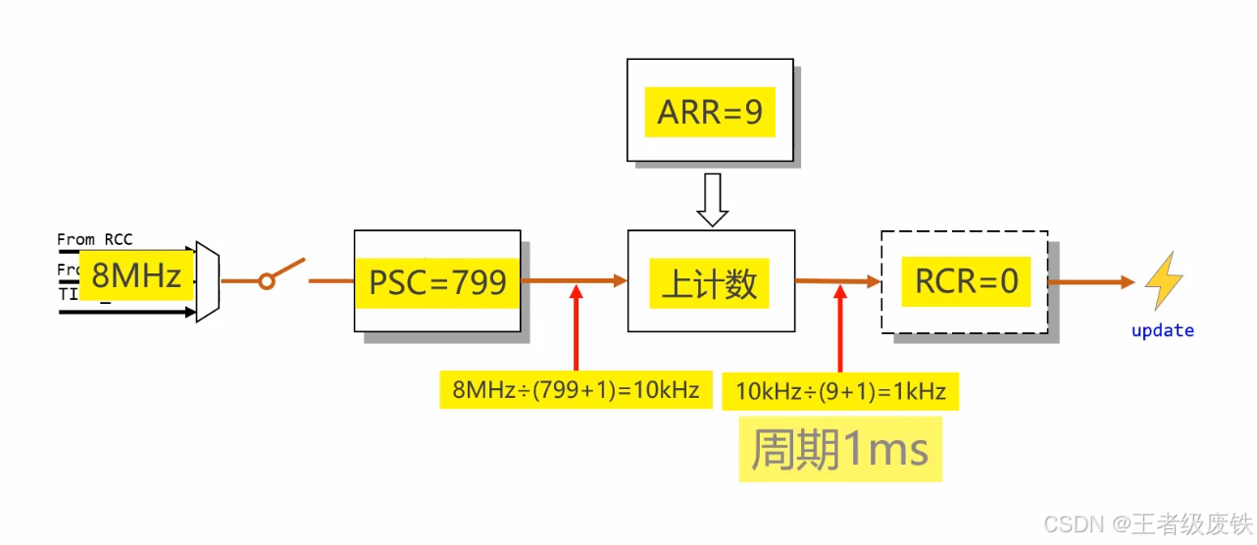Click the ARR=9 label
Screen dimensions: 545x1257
[710, 112]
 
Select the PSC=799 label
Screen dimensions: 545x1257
[437, 282]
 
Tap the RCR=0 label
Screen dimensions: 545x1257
[966, 281]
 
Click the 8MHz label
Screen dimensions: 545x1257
[136, 275]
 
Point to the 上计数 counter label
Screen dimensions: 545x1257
[710, 283]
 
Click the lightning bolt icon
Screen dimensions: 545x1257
[1163, 281]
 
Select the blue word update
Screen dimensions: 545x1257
[1162, 330]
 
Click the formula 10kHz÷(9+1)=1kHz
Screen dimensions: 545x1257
[840, 392]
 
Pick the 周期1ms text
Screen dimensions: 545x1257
[839, 450]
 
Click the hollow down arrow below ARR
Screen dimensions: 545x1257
[711, 199]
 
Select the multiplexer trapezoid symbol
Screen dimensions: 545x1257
[207, 281]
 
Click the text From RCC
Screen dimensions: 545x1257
[94, 239]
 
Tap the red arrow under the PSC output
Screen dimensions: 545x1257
[576, 327]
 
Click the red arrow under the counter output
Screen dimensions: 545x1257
[840, 327]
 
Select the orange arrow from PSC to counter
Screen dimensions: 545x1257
[574, 280]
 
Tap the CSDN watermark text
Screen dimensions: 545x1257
[1146, 523]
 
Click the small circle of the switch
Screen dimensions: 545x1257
[266, 282]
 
